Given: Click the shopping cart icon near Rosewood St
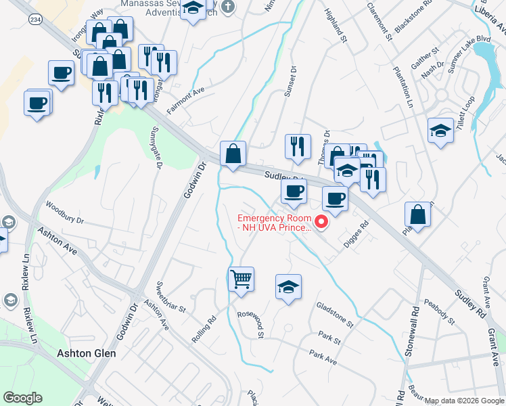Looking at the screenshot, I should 241,279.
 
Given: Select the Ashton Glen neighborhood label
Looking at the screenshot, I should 86,353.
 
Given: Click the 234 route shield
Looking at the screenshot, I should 33,20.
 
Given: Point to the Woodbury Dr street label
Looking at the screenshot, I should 64,210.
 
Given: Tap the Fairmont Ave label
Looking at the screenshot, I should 186,100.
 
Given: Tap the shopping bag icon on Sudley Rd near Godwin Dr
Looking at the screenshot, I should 233,153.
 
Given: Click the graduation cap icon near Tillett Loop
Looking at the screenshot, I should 440,131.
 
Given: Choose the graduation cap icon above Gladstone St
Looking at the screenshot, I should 288,287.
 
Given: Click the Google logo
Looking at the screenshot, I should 23,398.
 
